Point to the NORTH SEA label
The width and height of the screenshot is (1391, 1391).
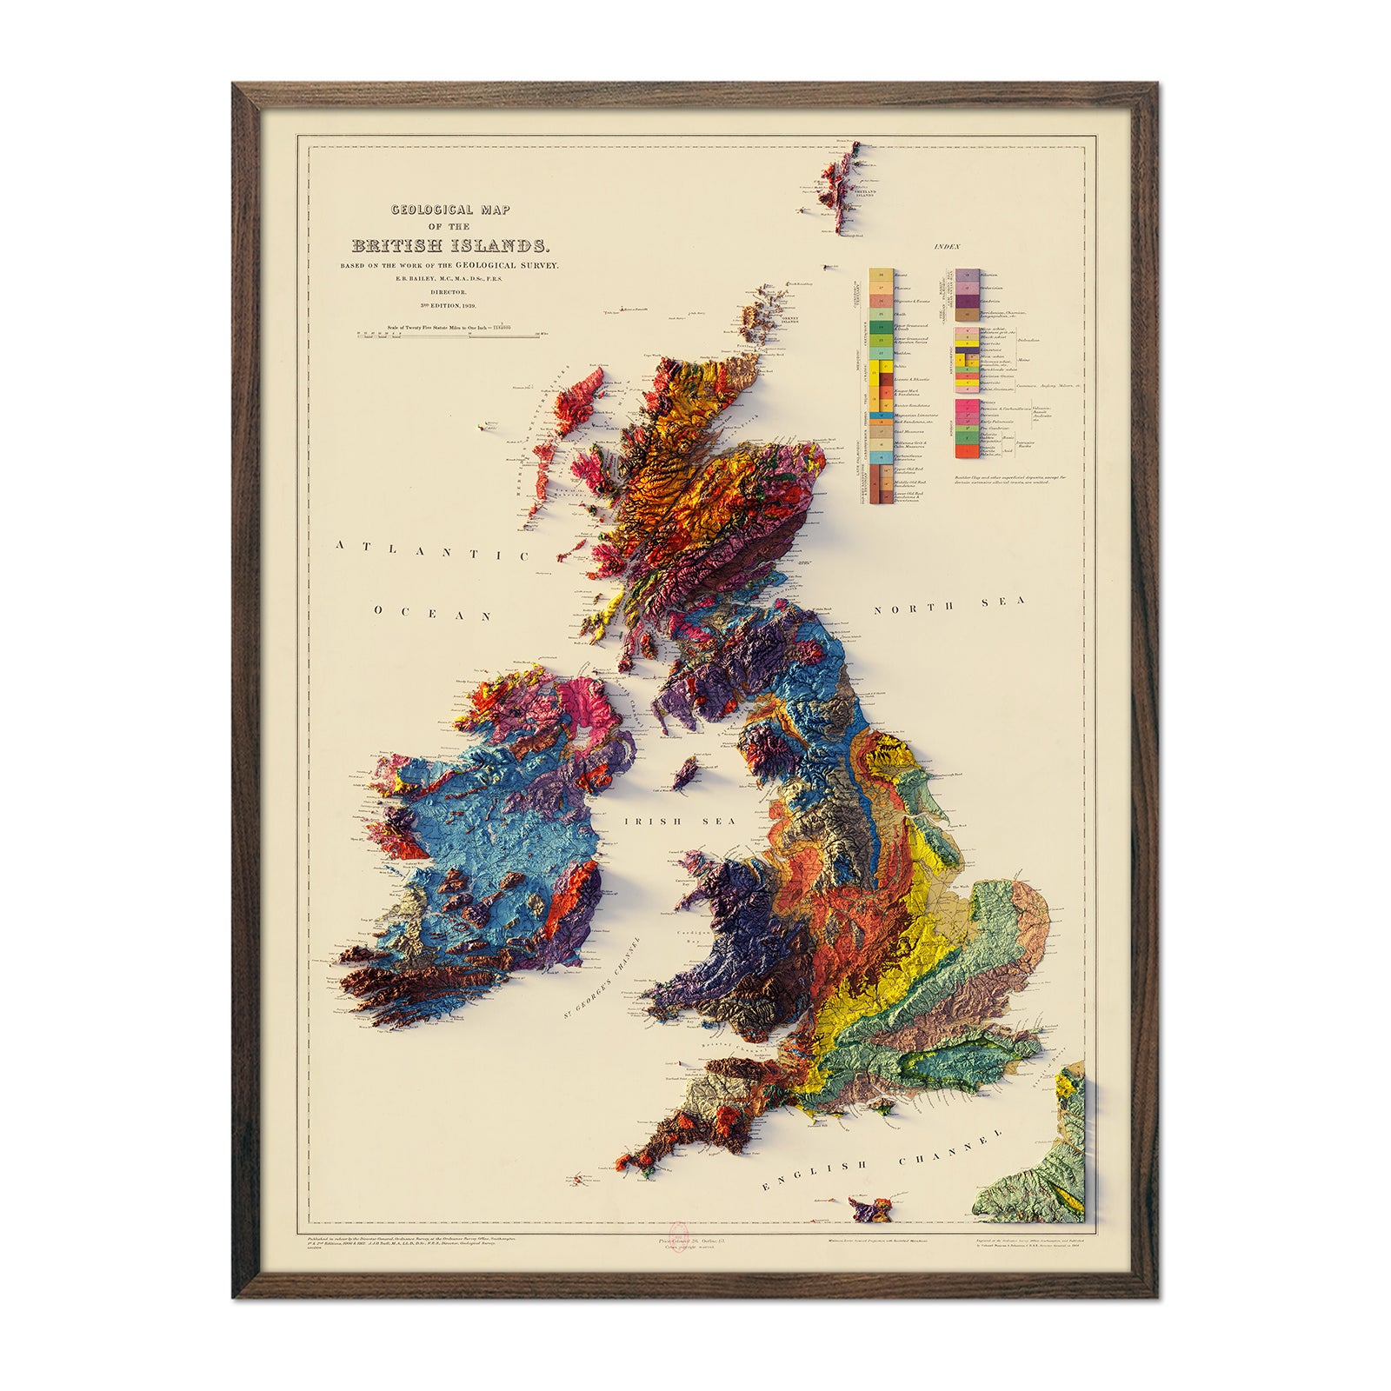point(949,605)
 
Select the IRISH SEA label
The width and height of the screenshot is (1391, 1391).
point(680,821)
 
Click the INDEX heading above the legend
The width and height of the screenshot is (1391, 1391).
point(946,248)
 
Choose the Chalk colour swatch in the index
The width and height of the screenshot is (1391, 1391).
point(880,314)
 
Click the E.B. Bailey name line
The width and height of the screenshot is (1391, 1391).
point(450,278)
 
